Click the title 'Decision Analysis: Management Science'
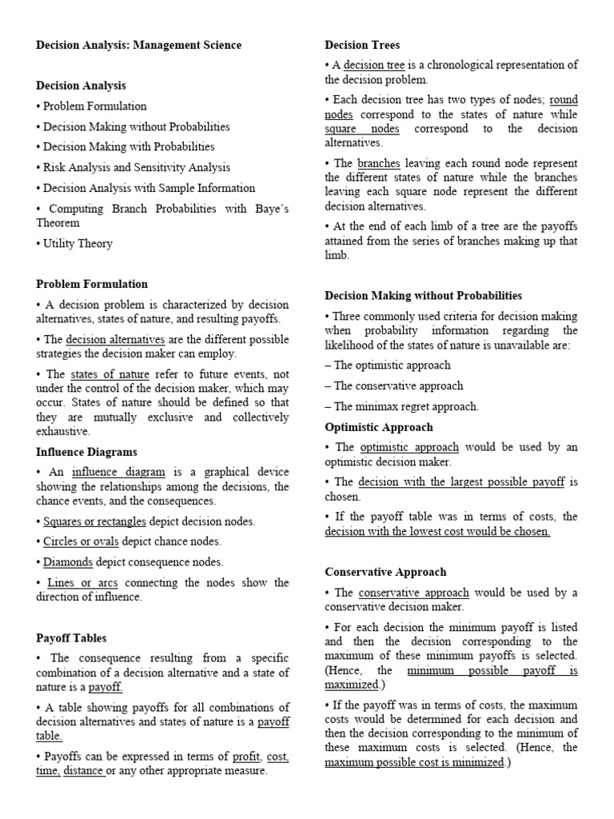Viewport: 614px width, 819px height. pyautogui.click(x=138, y=45)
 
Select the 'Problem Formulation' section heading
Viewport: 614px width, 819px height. pyautogui.click(x=92, y=284)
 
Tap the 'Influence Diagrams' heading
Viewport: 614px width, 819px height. pyautogui.click(x=86, y=452)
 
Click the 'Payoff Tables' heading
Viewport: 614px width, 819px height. pyautogui.click(x=71, y=638)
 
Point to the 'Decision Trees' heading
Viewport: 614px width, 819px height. pyautogui.click(x=362, y=45)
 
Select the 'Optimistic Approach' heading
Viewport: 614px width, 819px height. pyautogui.click(x=379, y=427)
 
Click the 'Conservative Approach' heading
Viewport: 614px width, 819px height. pyautogui.click(x=385, y=572)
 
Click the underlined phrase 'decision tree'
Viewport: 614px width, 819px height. pyautogui.click(x=374, y=65)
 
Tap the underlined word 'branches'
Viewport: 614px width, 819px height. pyautogui.click(x=378, y=163)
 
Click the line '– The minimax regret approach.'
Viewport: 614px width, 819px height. pyautogui.click(x=401, y=406)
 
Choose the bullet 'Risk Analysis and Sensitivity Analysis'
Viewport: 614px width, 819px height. pyautogui.click(x=136, y=167)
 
